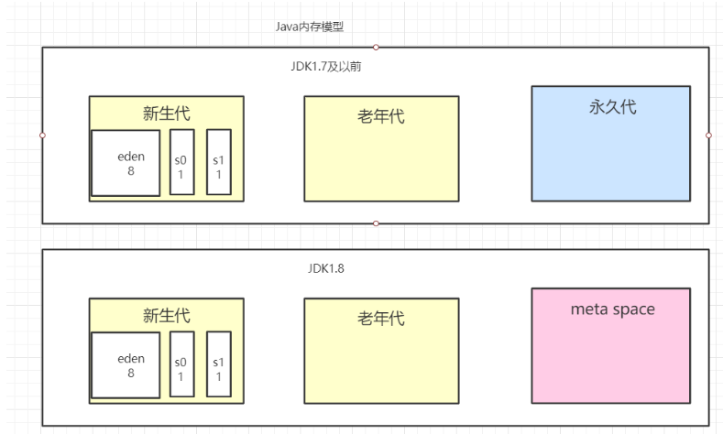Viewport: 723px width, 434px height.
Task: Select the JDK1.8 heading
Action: tap(325, 269)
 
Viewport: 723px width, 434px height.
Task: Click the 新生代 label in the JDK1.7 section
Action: tap(167, 113)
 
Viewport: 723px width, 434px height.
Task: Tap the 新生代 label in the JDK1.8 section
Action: tap(167, 315)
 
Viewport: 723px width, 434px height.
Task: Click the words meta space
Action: tap(612, 309)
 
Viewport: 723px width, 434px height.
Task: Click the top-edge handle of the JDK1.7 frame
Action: tap(376, 47)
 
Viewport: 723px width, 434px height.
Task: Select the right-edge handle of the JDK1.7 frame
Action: tap(709, 135)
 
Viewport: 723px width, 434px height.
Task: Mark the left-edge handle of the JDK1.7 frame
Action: tap(42, 135)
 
